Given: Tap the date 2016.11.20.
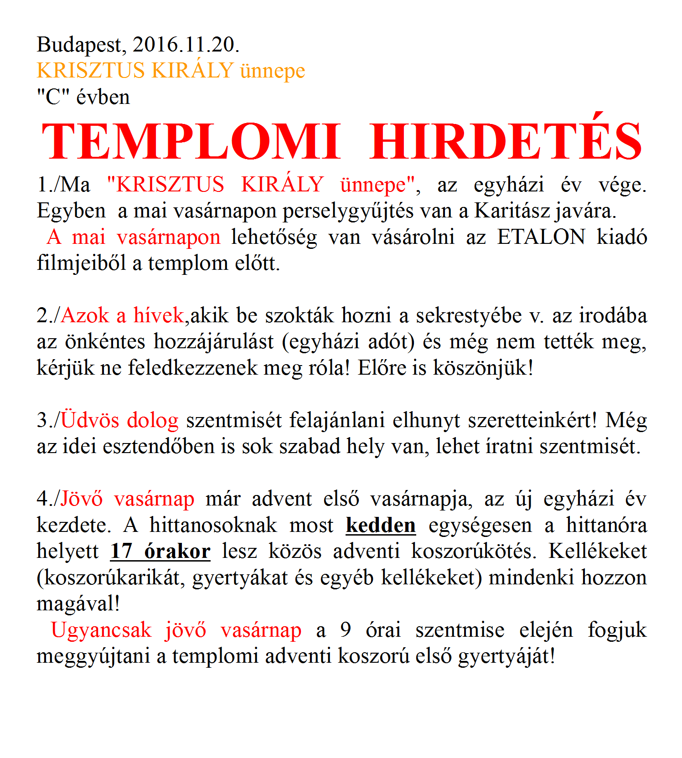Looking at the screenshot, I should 186,45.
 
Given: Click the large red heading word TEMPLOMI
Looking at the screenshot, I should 191,141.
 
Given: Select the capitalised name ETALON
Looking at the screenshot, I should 541,237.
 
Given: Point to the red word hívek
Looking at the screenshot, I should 158,315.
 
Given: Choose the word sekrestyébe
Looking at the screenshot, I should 469,316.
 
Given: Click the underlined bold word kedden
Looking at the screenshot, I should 381,525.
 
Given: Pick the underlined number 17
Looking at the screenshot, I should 121,552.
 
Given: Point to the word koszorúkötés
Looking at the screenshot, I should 474,552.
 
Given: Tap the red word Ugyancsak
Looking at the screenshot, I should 101,630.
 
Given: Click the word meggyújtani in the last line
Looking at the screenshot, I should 93,656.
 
